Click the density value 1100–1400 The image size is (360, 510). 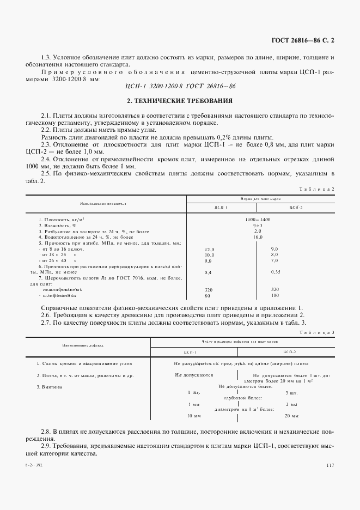[x=258, y=218]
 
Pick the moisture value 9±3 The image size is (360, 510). [x=258, y=224]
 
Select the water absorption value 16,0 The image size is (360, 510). [x=258, y=237]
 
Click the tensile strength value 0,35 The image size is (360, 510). [x=275, y=272]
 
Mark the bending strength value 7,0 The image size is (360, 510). [x=274, y=261]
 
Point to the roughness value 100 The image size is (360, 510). [x=274, y=295]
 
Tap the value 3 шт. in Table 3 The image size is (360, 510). [x=291, y=392]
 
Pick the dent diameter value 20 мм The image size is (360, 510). [x=291, y=416]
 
